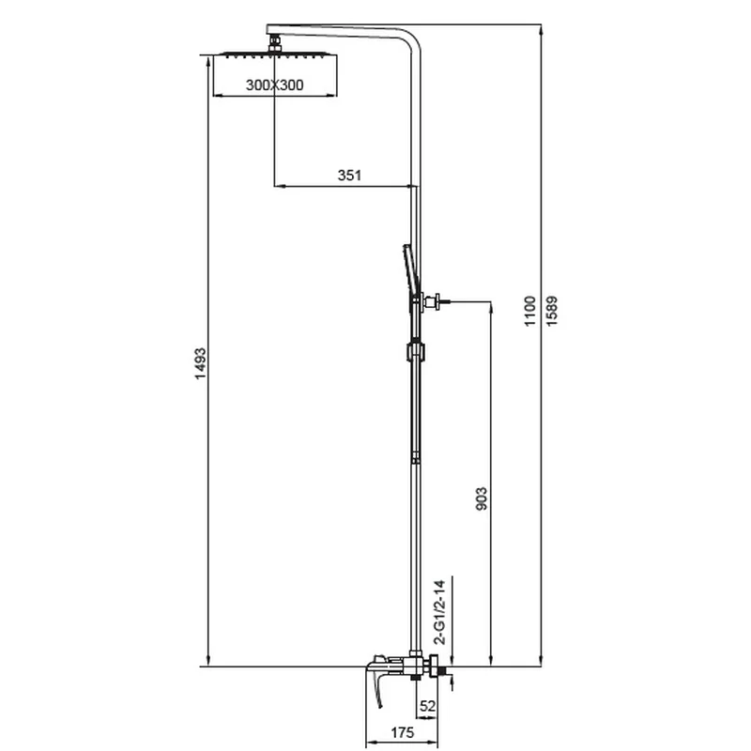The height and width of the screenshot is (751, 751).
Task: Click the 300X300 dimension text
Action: (x=274, y=84)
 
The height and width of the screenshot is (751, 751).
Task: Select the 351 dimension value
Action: (x=349, y=176)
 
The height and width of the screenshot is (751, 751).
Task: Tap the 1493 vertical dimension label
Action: (x=200, y=364)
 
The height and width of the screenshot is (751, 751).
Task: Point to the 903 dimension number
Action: (x=482, y=498)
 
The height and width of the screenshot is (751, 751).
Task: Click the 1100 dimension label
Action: (x=529, y=312)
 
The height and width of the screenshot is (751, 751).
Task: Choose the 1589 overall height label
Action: (x=552, y=312)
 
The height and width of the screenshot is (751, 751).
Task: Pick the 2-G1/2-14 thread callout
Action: (x=439, y=612)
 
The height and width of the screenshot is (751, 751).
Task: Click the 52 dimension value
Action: (x=428, y=706)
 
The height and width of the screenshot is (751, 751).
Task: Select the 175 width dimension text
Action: (x=403, y=732)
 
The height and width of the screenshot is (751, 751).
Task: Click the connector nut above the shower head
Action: (x=274, y=42)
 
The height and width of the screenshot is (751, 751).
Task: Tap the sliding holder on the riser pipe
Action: (x=415, y=350)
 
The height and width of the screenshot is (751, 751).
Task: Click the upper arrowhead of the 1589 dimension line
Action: (x=542, y=29)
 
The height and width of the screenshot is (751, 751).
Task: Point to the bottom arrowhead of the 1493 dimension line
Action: (x=208, y=661)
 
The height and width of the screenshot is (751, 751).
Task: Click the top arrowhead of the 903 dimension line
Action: (x=491, y=307)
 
